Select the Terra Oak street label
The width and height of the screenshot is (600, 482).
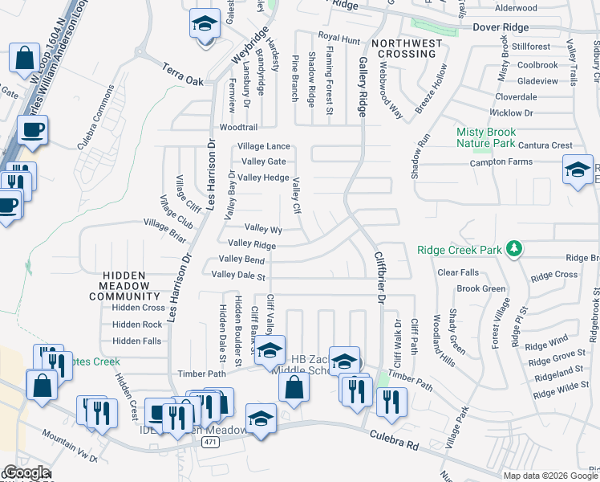(183, 75)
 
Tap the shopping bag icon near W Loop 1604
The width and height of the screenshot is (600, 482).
(25, 59)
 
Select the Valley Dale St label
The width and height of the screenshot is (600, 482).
(238, 276)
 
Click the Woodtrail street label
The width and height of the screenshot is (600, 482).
(238, 128)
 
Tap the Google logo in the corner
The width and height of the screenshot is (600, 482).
(26, 472)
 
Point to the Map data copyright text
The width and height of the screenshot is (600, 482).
(549, 476)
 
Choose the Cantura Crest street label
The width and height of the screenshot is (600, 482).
(545, 145)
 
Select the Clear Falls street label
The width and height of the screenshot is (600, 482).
(458, 273)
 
